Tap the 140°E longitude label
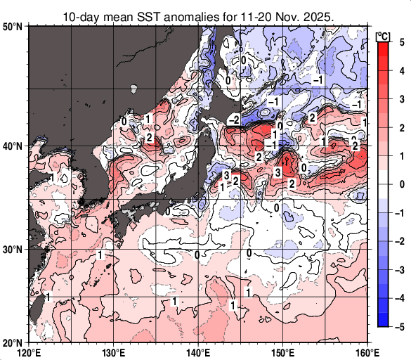tap(198, 352)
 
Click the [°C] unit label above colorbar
tap(383, 34)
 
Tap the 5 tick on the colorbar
tap(400, 42)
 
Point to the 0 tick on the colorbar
tap(400, 184)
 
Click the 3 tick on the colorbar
tap(400, 99)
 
